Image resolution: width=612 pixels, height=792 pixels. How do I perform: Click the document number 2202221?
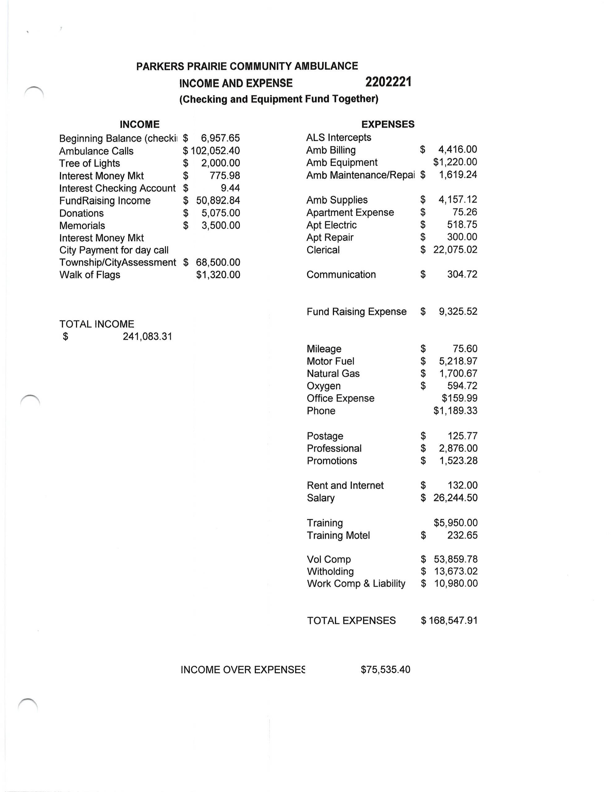click(388, 82)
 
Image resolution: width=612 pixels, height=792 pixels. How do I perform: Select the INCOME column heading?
click(140, 124)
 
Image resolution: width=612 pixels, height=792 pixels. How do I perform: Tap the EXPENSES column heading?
click(388, 124)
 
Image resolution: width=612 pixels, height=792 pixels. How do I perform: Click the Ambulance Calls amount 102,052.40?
click(215, 151)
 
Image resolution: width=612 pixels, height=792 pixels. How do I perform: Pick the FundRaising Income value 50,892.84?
click(218, 200)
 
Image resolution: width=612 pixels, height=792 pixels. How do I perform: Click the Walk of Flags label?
click(90, 275)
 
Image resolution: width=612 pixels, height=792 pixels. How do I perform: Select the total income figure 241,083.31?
click(147, 337)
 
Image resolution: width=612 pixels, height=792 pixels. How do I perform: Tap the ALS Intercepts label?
click(338, 137)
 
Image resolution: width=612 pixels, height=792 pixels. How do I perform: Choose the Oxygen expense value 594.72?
click(462, 386)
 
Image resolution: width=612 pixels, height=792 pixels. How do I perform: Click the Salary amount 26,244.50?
click(455, 497)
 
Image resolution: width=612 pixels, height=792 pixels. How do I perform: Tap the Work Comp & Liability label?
click(356, 583)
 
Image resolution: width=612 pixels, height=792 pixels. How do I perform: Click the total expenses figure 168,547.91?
click(453, 621)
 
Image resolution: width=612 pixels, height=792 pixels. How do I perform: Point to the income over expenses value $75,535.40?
click(385, 669)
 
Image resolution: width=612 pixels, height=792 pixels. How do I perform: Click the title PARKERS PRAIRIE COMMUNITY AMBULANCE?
click(247, 66)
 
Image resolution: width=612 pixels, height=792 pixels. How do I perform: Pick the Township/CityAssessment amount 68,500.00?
click(218, 263)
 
